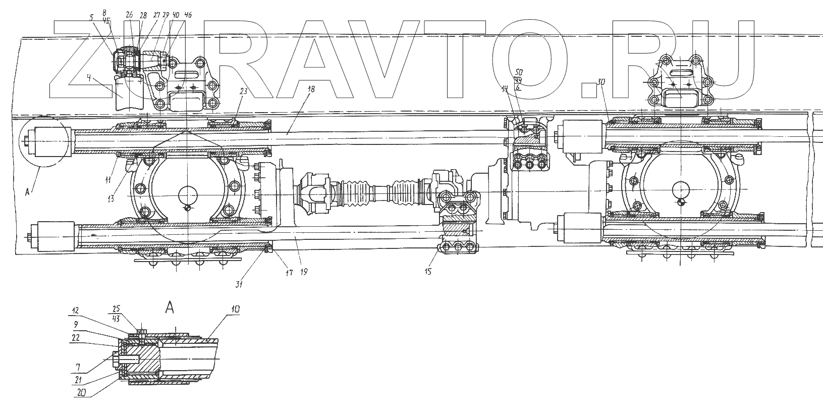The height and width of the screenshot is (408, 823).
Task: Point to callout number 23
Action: tap(243, 92)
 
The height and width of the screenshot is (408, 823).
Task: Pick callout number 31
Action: tap(239, 285)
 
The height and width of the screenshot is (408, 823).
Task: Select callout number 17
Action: tap(289, 271)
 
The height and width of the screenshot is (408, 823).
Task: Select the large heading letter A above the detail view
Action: tap(170, 309)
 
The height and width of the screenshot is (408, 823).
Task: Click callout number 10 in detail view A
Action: tap(235, 309)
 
